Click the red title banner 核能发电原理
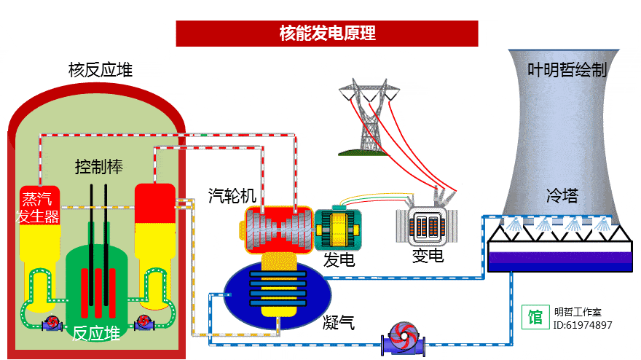tap(327, 34)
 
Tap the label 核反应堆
tap(101, 71)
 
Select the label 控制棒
tap(99, 167)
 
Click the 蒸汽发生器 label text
tap(39, 207)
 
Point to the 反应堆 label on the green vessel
tap(96, 334)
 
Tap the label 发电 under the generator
tap(339, 258)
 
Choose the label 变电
tap(428, 255)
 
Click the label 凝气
tap(339, 321)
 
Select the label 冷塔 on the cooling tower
tap(562, 195)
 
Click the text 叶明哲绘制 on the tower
tap(567, 71)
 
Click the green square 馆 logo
tap(535, 317)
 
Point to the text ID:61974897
tap(583, 325)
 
